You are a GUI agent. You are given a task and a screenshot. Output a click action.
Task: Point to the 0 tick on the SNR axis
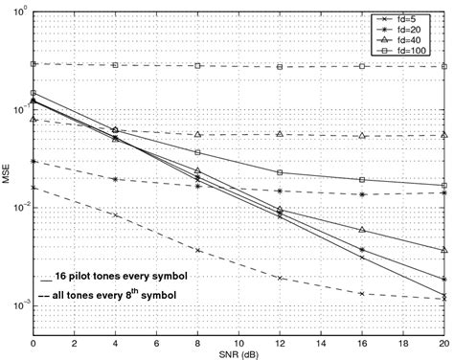point(34,342)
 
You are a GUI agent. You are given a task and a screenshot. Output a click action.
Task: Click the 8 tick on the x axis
point(197,342)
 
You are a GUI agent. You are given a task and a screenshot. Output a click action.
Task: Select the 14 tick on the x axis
point(321,342)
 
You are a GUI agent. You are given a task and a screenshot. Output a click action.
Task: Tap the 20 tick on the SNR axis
point(443,342)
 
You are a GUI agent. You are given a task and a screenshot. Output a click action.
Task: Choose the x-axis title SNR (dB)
point(238,353)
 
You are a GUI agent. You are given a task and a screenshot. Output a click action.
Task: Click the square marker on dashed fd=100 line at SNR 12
point(280,67)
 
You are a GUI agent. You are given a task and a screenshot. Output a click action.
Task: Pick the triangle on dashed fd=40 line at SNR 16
point(362,136)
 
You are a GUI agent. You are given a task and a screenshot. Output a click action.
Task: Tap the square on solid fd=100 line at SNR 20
point(443,186)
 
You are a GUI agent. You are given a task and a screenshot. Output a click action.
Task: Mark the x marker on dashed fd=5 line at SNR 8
point(197,250)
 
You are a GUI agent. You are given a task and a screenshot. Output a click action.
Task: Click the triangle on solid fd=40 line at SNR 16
point(362,230)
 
